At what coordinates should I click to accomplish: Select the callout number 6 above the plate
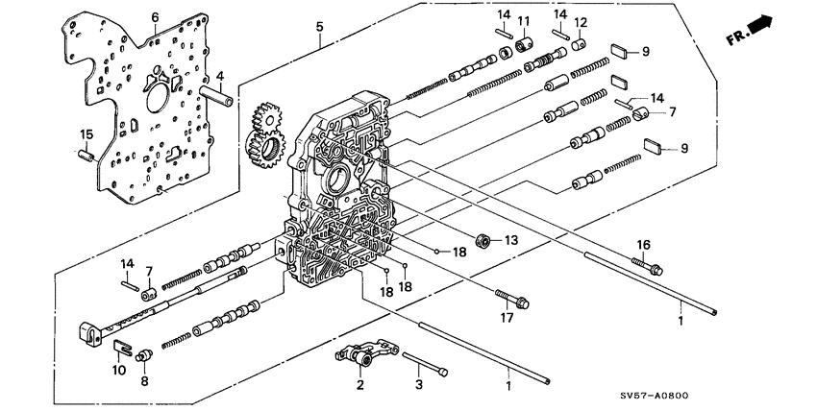[154, 18]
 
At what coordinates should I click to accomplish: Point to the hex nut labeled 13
[483, 239]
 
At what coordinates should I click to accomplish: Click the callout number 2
[359, 386]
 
